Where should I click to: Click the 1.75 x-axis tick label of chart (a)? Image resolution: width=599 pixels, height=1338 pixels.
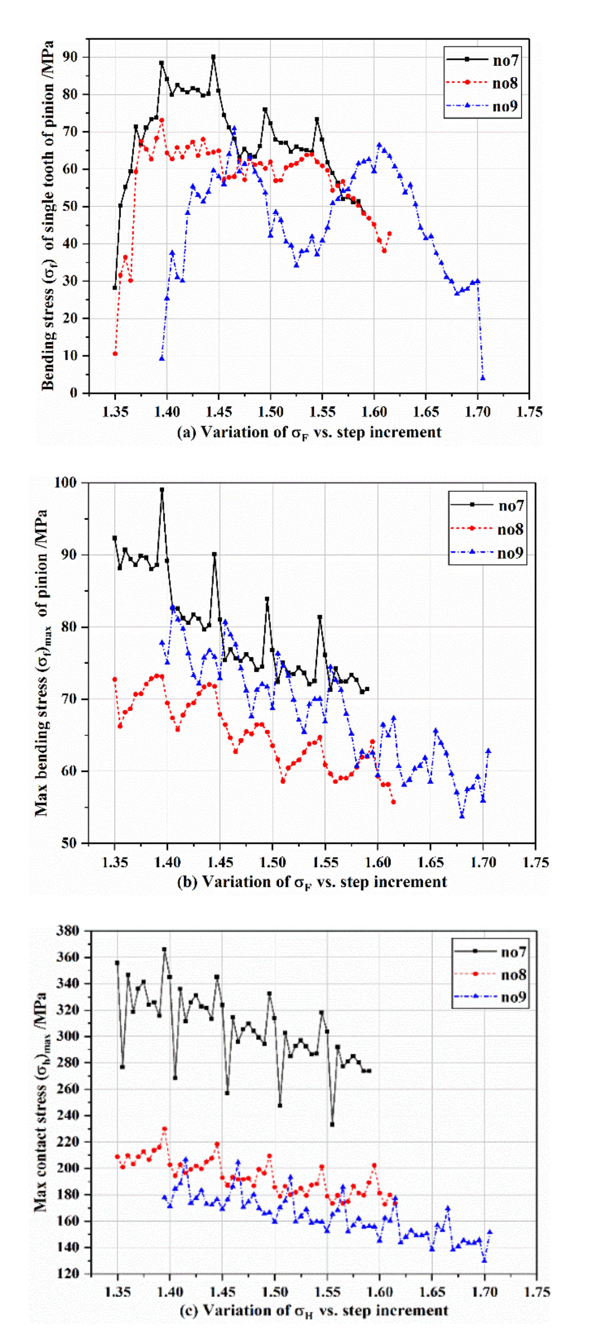pyautogui.click(x=529, y=412)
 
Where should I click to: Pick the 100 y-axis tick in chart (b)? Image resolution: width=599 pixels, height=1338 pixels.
pyautogui.click(x=66, y=483)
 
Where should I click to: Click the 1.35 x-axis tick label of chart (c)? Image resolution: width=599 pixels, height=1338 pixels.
pyautogui.click(x=118, y=1292)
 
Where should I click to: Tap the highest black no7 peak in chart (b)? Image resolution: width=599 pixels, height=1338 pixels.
pyautogui.click(x=162, y=490)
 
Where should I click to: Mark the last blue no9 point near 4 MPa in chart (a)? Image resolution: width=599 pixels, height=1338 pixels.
pyautogui.click(x=483, y=377)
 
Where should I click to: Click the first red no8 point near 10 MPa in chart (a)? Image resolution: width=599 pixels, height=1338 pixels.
pyautogui.click(x=115, y=354)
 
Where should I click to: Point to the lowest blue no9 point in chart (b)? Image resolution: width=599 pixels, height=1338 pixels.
pyautogui.click(x=461, y=816)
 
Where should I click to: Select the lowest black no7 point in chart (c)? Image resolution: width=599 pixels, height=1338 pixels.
pyautogui.click(x=332, y=1125)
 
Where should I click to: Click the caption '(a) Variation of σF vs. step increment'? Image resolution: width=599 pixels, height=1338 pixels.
pyautogui.click(x=309, y=433)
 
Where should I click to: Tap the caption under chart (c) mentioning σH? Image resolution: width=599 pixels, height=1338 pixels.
pyautogui.click(x=314, y=1310)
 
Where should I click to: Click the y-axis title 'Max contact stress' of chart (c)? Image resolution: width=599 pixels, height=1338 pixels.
pyautogui.click(x=42, y=1101)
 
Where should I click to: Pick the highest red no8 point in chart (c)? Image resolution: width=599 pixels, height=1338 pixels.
pyautogui.click(x=165, y=1129)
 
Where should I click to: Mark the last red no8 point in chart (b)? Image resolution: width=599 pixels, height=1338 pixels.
pyautogui.click(x=393, y=802)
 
